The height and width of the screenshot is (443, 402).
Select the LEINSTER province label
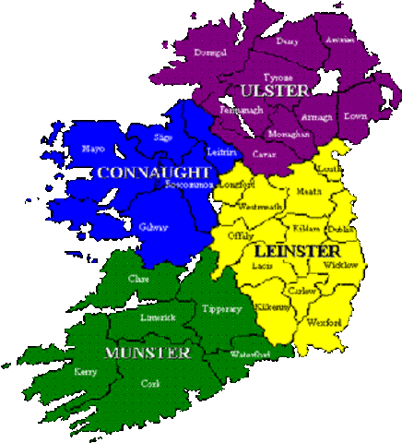pyautogui.click(x=296, y=250)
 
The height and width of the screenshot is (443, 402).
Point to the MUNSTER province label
pyautogui.click(x=148, y=353)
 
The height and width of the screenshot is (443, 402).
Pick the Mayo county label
pyautogui.click(x=93, y=148)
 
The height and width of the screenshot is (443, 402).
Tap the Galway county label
pyautogui.click(x=154, y=227)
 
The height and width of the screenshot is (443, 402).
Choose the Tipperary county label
pyautogui.click(x=222, y=309)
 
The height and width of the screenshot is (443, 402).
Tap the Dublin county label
pyautogui.click(x=340, y=228)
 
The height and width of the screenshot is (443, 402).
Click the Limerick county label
pyautogui.click(x=158, y=317)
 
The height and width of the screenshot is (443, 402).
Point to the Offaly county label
pyautogui.click(x=241, y=235)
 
